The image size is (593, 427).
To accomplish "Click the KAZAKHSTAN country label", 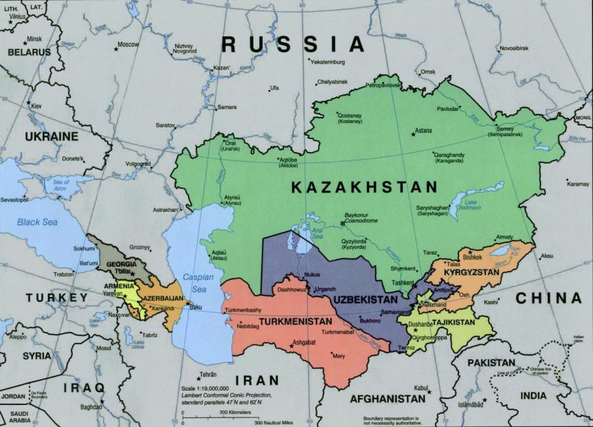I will pos(363,187).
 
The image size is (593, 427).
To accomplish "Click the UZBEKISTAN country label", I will pos(366,300).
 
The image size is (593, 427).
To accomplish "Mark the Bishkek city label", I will pos(473,257).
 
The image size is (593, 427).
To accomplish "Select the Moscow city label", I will pos(128,44).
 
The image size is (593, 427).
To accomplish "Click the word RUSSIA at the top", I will pos(292,45).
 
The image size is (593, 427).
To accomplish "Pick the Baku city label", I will pos(197,307).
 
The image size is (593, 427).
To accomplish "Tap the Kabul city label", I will pos(421,387).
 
